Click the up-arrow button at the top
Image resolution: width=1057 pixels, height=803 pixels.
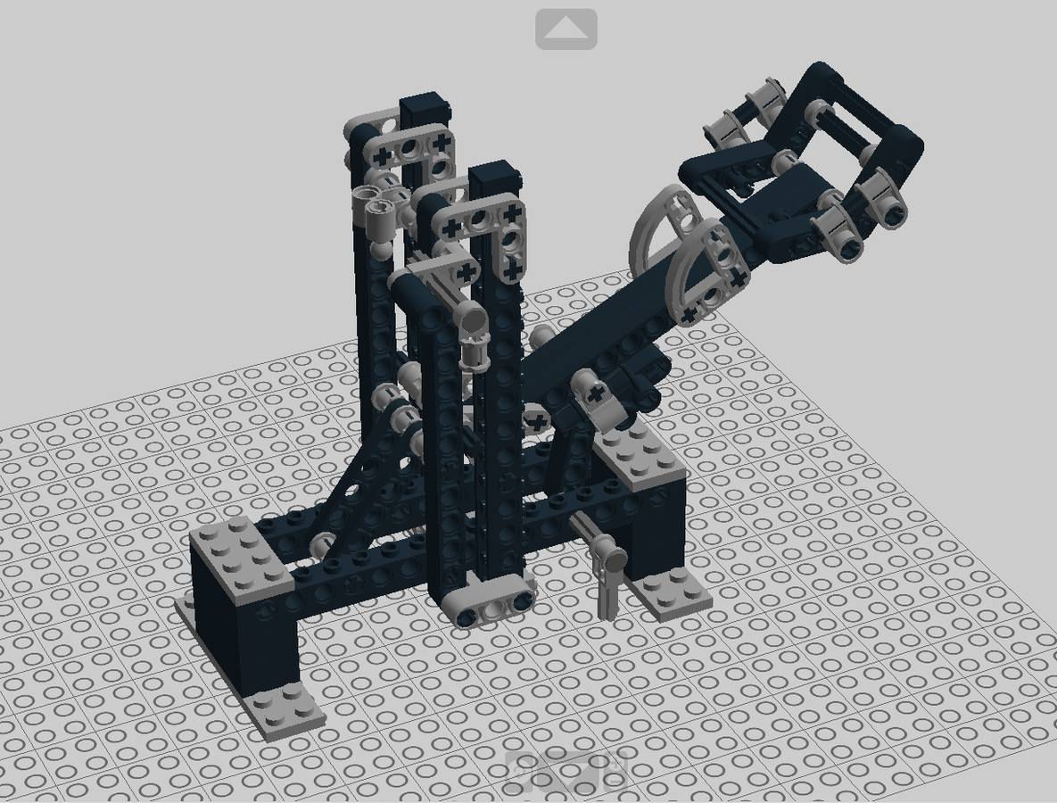(x=566, y=29)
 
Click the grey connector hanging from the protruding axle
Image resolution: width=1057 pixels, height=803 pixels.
(x=611, y=571)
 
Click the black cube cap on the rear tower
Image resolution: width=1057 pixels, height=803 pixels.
(x=424, y=112)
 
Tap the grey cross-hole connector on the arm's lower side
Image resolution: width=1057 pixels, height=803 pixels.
(x=600, y=399)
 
